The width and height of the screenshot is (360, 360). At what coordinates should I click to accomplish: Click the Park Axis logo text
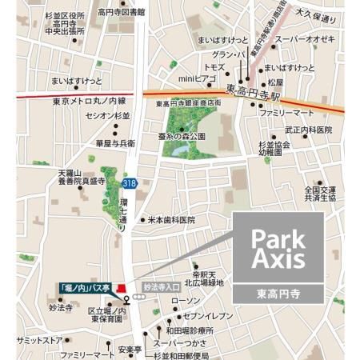[278, 249]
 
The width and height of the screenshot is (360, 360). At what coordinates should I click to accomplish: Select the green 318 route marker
[128, 183]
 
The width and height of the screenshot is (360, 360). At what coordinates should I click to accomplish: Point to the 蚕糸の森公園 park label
[182, 136]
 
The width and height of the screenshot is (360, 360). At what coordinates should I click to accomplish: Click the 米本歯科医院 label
[170, 219]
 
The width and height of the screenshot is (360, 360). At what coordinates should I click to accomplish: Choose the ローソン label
[185, 301]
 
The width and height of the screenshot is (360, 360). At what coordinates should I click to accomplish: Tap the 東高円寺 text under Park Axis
[278, 292]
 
